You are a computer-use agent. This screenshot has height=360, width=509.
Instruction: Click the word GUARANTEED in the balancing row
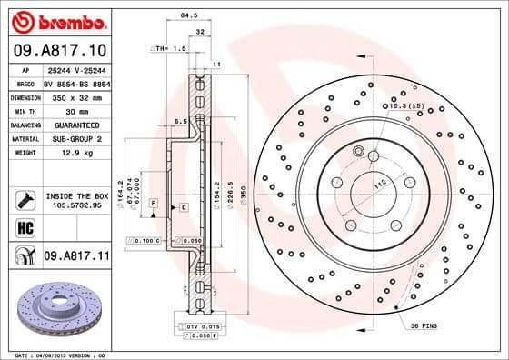click(x=76, y=124)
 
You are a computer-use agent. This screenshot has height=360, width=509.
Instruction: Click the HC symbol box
click(x=24, y=227)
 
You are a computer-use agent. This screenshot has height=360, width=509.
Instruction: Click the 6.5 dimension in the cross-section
click(x=179, y=120)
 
